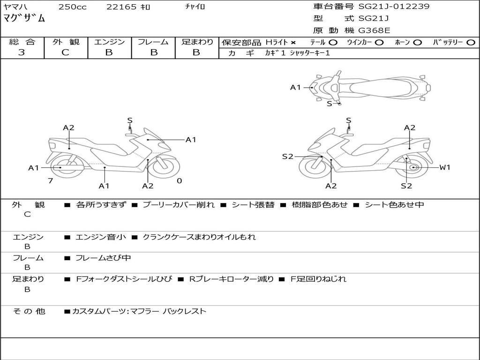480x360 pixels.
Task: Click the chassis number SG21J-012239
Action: (x=394, y=7)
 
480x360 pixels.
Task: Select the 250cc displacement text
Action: (x=72, y=7)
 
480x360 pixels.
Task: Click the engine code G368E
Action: (x=374, y=31)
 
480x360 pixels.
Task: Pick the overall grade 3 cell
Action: (x=22, y=52)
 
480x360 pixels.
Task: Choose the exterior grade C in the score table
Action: (x=66, y=52)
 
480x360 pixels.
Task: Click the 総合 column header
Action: (x=22, y=42)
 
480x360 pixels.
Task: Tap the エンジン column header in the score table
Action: (x=110, y=42)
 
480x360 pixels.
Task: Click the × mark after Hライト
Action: (x=293, y=43)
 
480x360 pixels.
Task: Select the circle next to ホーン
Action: (x=418, y=43)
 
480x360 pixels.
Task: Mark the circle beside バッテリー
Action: (x=471, y=43)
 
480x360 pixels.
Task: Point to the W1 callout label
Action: (x=444, y=167)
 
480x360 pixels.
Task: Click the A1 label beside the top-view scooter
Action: (x=295, y=87)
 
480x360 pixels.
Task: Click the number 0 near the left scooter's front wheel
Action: (x=179, y=180)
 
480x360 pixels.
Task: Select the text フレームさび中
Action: (x=103, y=258)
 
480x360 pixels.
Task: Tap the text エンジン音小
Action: (x=101, y=237)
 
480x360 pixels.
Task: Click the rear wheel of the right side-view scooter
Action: (x=413, y=168)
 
